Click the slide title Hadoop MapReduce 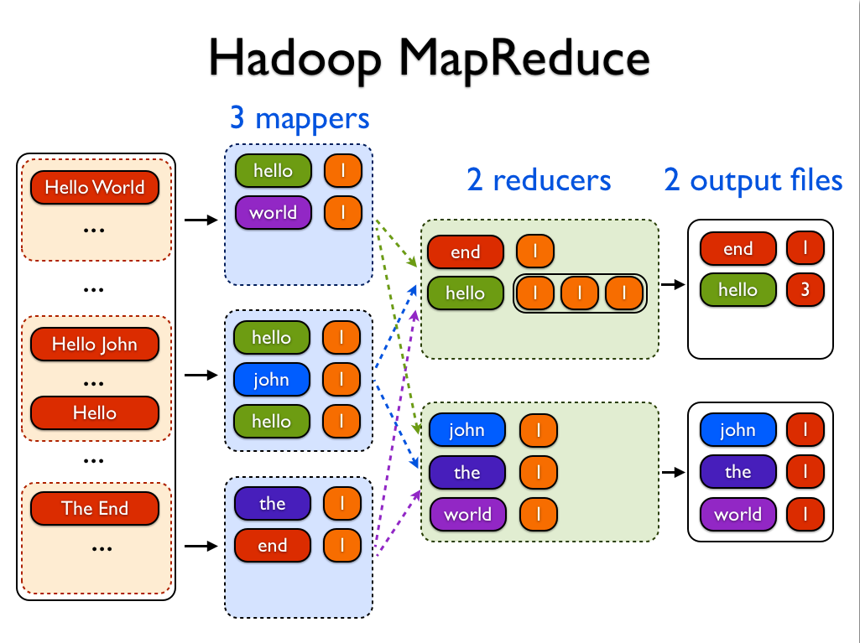point(429,59)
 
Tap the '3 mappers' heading point(300,118)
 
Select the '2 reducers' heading point(539,179)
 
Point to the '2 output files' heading point(753,179)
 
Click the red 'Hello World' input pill point(95,188)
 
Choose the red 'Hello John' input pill point(95,344)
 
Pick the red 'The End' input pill point(95,508)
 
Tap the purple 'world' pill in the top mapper point(273,213)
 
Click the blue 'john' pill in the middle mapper point(271,380)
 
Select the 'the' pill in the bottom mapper point(273,504)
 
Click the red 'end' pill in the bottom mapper point(273,546)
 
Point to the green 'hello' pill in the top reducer point(466,293)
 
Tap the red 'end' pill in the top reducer point(466,251)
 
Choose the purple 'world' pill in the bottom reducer point(467,514)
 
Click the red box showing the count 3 point(805,290)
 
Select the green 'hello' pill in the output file point(738,290)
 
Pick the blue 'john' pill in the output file point(738,430)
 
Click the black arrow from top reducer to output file point(673,284)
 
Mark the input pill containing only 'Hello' point(95,412)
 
